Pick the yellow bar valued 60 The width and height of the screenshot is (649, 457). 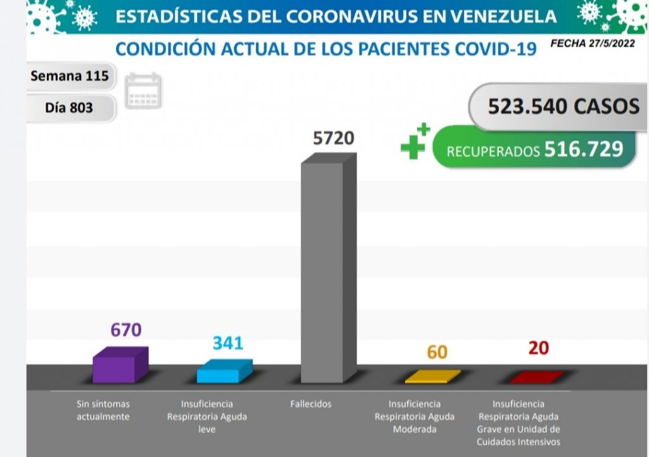pos(432,377)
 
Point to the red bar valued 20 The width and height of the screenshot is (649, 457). pos(536,377)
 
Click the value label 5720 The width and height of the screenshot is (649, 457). pos(333,137)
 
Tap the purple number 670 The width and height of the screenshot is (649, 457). pos(125,330)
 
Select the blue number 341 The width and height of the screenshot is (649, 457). pos(228,343)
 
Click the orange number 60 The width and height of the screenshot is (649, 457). pos(437,352)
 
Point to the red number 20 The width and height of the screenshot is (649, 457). pos(538,348)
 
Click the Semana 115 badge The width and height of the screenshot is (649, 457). pos(70,77)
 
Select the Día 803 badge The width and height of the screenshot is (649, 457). pos(69,108)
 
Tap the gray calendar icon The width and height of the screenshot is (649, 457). pos(143,91)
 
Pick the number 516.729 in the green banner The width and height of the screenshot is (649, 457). pos(583,149)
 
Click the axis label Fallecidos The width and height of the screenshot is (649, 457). pos(311,404)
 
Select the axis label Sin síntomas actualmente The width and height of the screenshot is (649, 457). pos(103,410)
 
